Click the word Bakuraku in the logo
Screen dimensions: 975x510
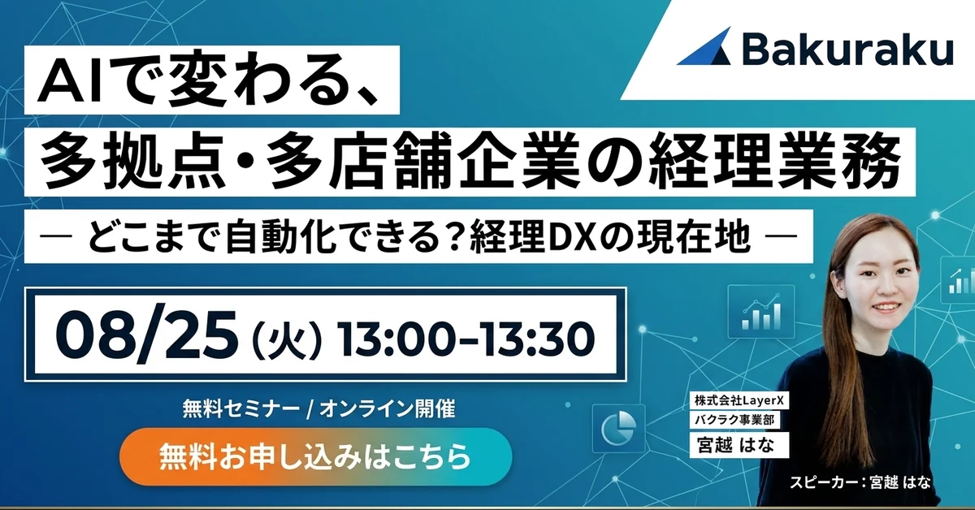(x=847, y=50)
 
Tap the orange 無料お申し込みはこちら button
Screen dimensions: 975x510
(x=315, y=457)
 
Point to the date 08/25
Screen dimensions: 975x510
(x=147, y=337)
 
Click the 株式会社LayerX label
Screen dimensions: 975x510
(x=739, y=400)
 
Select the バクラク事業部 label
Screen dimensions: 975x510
(x=734, y=420)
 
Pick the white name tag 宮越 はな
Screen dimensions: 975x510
(x=739, y=445)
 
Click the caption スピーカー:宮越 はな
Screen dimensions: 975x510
(x=860, y=482)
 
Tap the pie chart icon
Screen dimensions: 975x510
(x=618, y=430)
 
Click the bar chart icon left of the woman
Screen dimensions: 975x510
(x=761, y=312)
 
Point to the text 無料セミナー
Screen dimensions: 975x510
(x=240, y=408)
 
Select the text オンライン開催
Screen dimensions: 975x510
(x=387, y=408)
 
